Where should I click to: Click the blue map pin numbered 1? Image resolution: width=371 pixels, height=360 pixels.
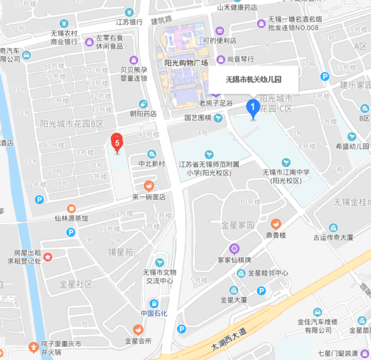point(253,108)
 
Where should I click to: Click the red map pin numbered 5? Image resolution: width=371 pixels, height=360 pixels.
point(117,143)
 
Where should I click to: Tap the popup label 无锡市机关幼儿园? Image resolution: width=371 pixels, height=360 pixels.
point(254,80)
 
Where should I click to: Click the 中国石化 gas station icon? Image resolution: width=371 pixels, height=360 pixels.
point(154,303)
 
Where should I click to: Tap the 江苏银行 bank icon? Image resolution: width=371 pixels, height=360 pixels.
point(129,12)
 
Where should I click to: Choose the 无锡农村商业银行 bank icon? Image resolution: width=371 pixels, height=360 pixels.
point(64,23)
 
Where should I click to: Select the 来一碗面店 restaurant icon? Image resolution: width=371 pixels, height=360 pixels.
point(148,186)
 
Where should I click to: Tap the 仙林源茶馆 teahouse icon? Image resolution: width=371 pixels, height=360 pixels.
point(71,209)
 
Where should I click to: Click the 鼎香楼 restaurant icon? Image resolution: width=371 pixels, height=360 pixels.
point(276,224)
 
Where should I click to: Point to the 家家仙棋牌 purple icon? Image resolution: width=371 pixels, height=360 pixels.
point(234,249)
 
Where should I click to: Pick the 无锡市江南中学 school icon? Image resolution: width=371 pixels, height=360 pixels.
point(286,162)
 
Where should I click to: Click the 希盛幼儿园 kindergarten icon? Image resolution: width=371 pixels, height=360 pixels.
point(352,136)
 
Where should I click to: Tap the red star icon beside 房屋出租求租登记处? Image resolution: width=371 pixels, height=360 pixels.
point(48,257)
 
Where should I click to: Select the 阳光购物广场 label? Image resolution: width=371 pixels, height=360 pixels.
point(186,63)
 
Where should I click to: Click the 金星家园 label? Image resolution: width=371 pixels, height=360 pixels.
point(238,226)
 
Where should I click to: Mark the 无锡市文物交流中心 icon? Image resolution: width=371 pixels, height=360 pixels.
point(160,262)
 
